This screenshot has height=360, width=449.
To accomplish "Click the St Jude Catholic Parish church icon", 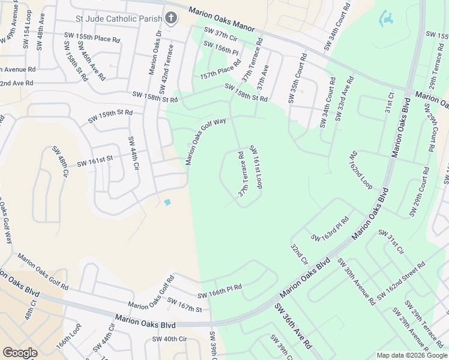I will (x=171, y=18).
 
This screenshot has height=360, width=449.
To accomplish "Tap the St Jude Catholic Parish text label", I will (x=119, y=19).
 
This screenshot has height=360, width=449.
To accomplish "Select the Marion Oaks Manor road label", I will (x=222, y=20).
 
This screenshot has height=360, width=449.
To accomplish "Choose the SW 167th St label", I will (x=185, y=305).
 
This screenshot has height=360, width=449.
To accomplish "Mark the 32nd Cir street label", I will (x=299, y=254).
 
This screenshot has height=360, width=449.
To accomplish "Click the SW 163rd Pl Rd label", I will (x=330, y=230).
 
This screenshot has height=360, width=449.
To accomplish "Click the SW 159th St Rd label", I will (x=110, y=116).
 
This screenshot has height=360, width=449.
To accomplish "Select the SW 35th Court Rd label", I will (x=297, y=80).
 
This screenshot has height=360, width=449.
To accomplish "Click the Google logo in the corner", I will (x=20, y=353).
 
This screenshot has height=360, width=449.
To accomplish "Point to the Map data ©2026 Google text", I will (x=412, y=355).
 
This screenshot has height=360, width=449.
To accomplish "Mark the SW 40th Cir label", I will (x=170, y=339).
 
